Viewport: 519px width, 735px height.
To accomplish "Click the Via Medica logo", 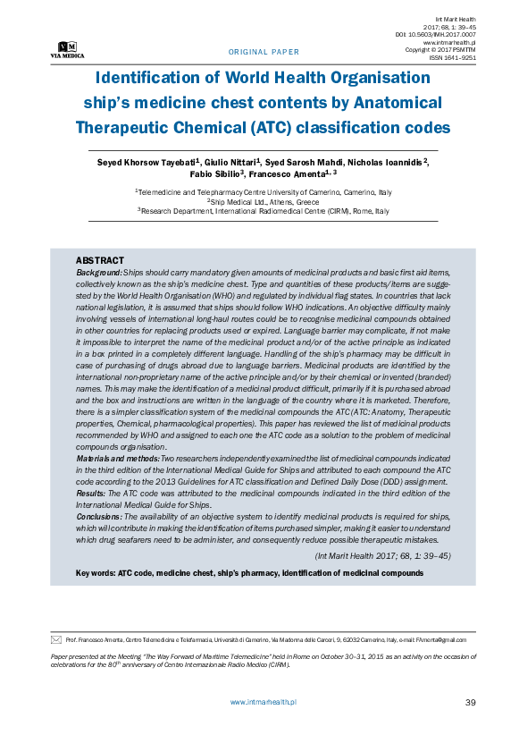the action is (x=67, y=49).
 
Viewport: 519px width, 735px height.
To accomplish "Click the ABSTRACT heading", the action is (x=99, y=259).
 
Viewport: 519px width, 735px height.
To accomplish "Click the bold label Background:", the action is (x=98, y=271).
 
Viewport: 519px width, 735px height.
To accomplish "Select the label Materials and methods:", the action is (x=117, y=458).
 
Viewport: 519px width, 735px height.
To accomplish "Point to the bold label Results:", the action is (x=90, y=492).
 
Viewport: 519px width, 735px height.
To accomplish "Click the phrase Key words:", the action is (x=95, y=572).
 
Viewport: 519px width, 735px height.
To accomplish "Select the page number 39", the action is (x=471, y=703).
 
